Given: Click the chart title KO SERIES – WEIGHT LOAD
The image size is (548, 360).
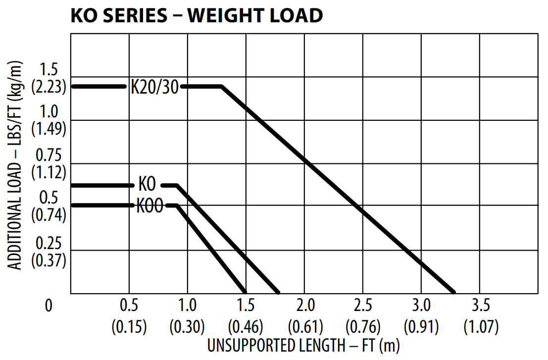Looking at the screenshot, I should point(197,15).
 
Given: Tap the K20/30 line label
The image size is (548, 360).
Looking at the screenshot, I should point(153,87).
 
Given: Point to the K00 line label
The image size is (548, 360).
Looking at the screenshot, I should point(150,206).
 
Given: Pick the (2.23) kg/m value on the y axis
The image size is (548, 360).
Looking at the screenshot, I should point(49,87).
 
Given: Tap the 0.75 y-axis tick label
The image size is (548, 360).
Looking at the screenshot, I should point(49,155).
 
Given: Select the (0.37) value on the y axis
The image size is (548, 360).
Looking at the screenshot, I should point(49,260).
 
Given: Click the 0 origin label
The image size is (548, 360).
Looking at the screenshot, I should point(49,306).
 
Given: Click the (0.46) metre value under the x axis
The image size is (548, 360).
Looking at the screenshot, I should point(246,327).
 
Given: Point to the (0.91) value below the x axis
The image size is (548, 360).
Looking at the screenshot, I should point(421,327).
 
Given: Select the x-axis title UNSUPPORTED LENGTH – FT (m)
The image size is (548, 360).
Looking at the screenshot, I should point(303,345).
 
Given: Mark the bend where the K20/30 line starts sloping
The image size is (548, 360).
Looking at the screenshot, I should point(221,87).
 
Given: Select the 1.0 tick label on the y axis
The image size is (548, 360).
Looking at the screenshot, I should point(49,111).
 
